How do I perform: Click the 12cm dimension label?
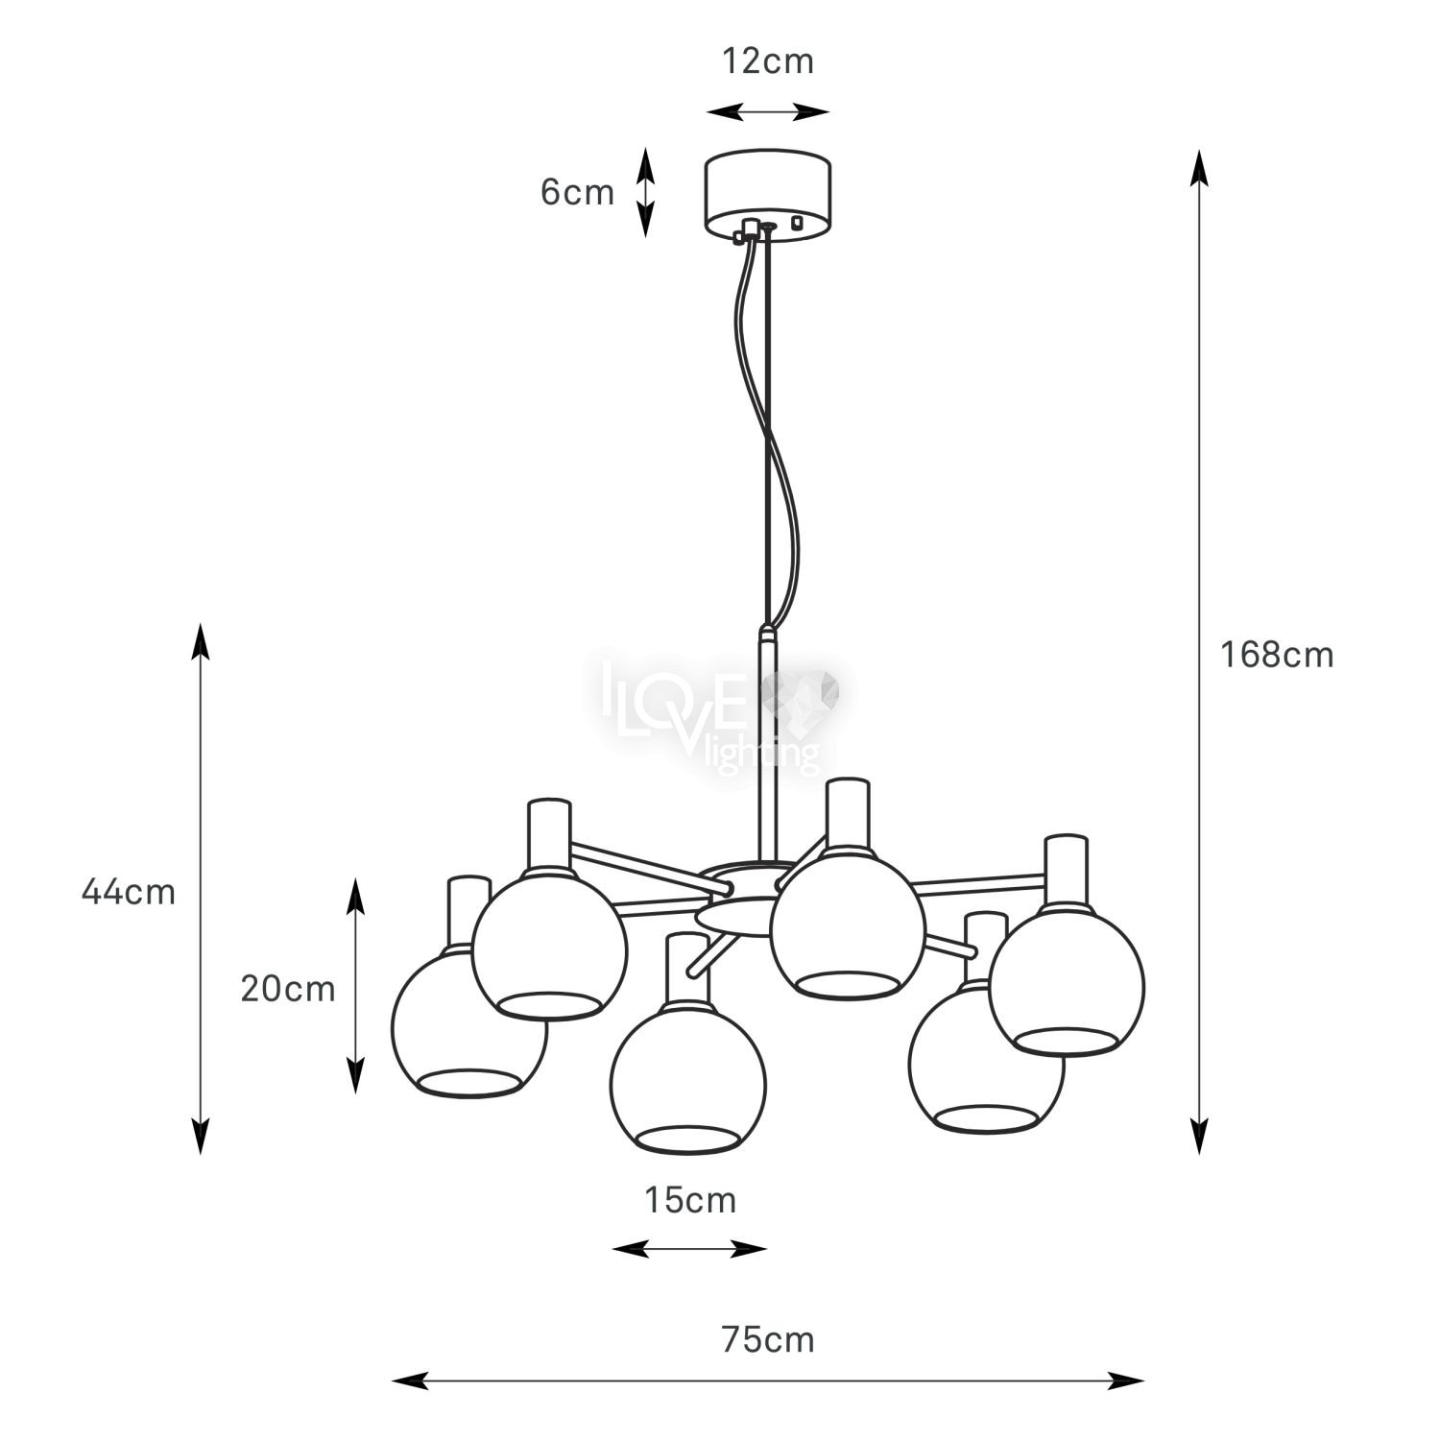[x=767, y=61]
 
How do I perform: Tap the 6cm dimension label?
[x=577, y=193]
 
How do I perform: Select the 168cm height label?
[x=1277, y=655]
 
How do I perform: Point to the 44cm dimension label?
[x=129, y=892]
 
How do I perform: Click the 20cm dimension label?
[x=288, y=988]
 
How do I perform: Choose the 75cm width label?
[x=767, y=1339]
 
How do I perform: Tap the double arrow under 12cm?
[x=768, y=112]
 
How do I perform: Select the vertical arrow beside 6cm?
[x=646, y=192]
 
